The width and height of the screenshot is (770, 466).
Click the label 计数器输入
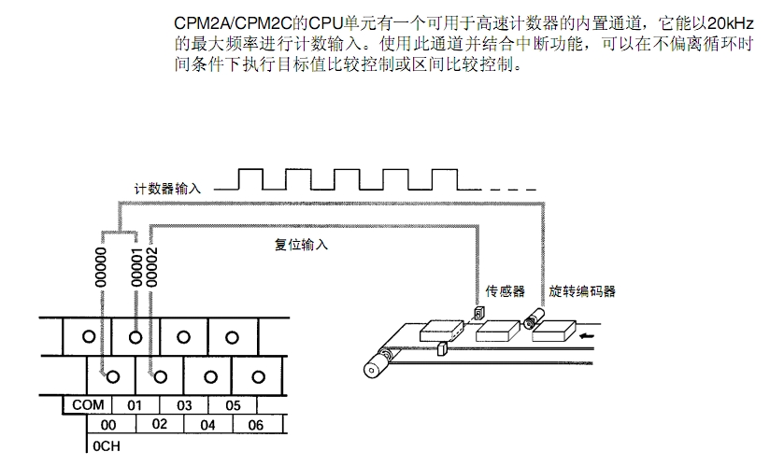[x=168, y=188]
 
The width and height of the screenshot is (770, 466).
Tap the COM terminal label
[x=87, y=405]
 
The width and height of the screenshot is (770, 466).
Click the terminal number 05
[x=234, y=405]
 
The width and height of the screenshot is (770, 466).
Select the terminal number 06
[x=256, y=425]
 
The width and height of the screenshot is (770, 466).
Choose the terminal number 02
[x=160, y=425]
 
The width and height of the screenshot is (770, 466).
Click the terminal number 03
[x=184, y=405]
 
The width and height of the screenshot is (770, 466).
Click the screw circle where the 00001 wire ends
[x=136, y=335]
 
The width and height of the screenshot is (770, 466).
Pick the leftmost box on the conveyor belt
[x=443, y=330]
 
